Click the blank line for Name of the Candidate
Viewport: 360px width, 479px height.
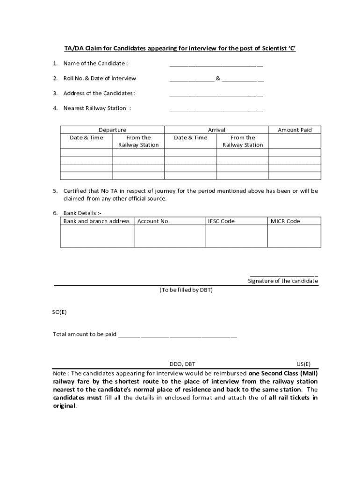[216, 65]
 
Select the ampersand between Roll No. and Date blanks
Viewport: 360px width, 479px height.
[218, 78]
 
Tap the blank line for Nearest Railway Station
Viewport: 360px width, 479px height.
[216, 110]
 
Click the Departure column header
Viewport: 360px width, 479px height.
[112, 130]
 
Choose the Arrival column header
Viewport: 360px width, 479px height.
[216, 130]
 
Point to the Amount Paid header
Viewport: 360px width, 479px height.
[295, 130]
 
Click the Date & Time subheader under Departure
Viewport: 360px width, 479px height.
[86, 138]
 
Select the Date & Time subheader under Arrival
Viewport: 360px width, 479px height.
[190, 138]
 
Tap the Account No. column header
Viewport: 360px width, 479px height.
[153, 221]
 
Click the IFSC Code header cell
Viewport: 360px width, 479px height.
[221, 221]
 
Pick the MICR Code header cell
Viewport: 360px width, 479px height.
[285, 221]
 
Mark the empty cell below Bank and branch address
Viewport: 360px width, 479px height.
[97, 236]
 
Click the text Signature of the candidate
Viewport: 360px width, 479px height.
[283, 281]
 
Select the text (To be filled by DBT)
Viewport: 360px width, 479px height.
[186, 290]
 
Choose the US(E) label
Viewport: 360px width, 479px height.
[303, 364]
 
